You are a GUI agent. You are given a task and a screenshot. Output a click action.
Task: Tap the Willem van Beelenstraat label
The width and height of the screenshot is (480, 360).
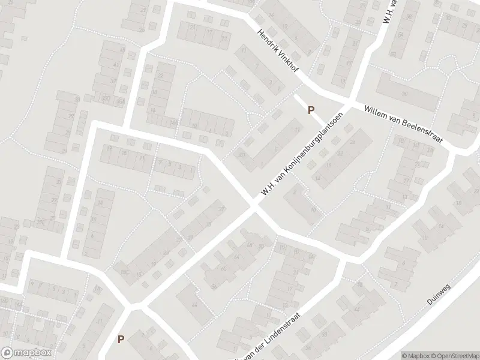[x=403, y=124]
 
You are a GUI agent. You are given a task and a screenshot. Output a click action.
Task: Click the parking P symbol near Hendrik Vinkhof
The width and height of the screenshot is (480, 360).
[x=311, y=110]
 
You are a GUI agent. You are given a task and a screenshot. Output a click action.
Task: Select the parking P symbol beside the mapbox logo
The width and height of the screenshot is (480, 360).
[x=121, y=339]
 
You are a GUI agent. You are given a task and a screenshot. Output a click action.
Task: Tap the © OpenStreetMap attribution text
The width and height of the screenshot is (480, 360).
[x=455, y=355]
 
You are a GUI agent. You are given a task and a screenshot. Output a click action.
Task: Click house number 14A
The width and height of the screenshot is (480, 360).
[x=174, y=123]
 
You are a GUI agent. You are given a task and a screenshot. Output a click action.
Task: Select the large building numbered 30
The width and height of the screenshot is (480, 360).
[x=405, y=94]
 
